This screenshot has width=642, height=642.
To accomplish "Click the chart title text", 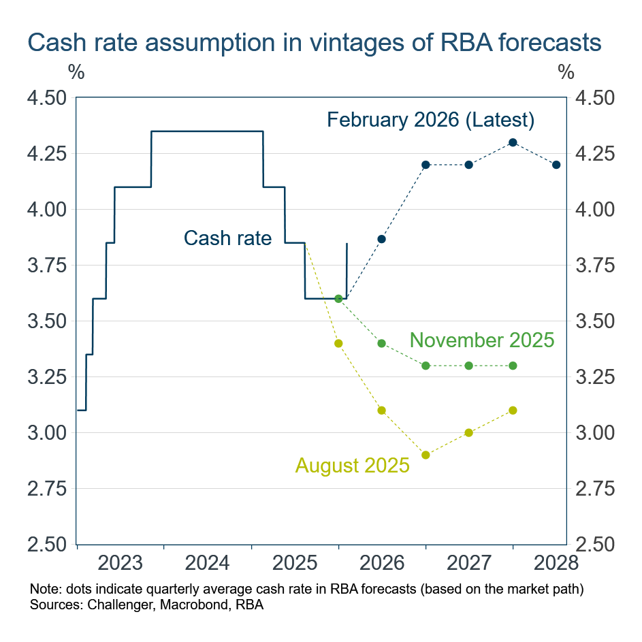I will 314,42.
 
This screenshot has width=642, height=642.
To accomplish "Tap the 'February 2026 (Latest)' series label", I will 430,121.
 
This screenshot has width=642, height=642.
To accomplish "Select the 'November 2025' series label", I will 481,340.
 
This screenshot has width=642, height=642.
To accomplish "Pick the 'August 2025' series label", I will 352,466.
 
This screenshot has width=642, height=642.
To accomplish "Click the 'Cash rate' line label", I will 227,238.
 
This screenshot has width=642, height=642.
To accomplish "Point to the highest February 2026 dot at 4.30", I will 513,142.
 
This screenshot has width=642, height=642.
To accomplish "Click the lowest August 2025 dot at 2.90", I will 426,455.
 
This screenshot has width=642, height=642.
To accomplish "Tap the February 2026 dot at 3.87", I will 382,239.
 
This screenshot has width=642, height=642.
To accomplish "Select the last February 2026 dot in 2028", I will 556,165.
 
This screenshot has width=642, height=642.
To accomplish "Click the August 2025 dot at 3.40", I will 338,343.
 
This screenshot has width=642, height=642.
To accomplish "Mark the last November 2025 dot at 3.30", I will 513,366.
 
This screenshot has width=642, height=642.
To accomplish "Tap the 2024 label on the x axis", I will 208,563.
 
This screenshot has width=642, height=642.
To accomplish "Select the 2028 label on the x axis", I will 556,563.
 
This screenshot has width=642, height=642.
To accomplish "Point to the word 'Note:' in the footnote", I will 44,588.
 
